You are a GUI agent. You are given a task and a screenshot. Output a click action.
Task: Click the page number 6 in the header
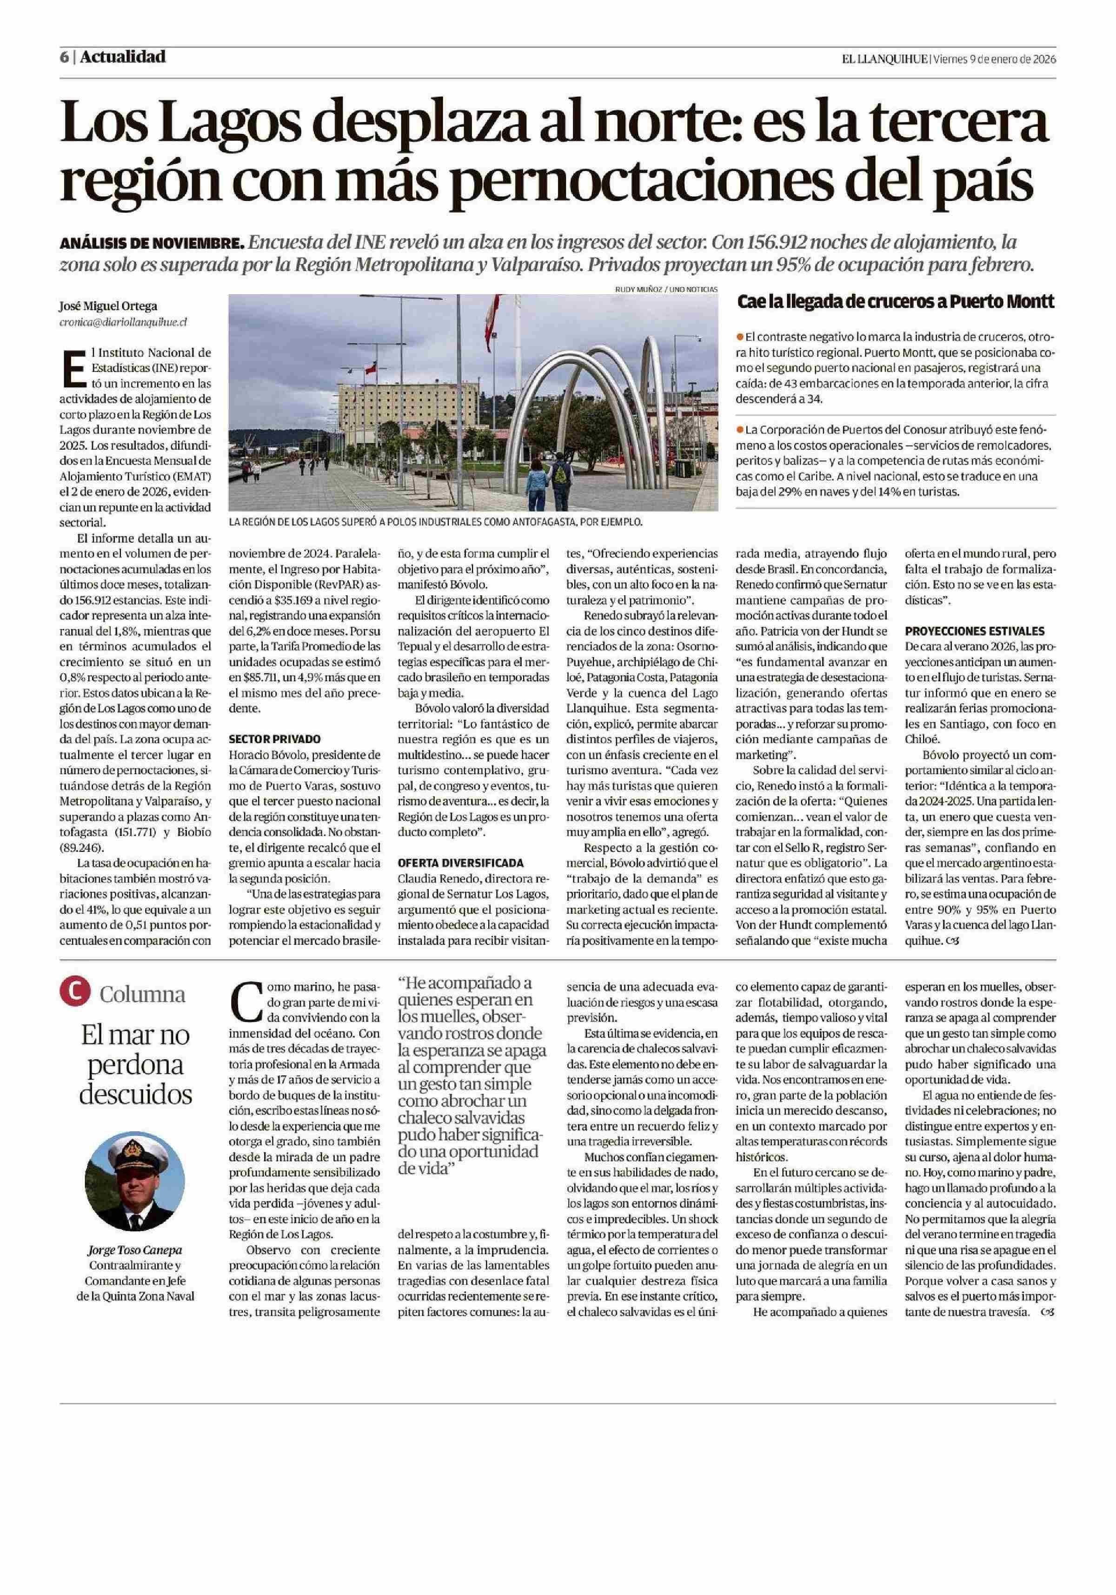click(63, 58)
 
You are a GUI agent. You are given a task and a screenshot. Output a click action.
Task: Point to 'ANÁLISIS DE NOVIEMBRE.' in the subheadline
click(152, 244)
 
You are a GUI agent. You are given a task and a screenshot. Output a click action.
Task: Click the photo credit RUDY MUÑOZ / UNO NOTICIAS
click(666, 289)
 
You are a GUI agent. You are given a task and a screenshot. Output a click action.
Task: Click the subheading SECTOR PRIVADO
click(274, 740)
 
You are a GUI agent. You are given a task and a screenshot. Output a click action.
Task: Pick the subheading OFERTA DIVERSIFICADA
click(460, 863)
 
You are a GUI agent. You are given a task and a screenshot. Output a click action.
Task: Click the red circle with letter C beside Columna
click(75, 993)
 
